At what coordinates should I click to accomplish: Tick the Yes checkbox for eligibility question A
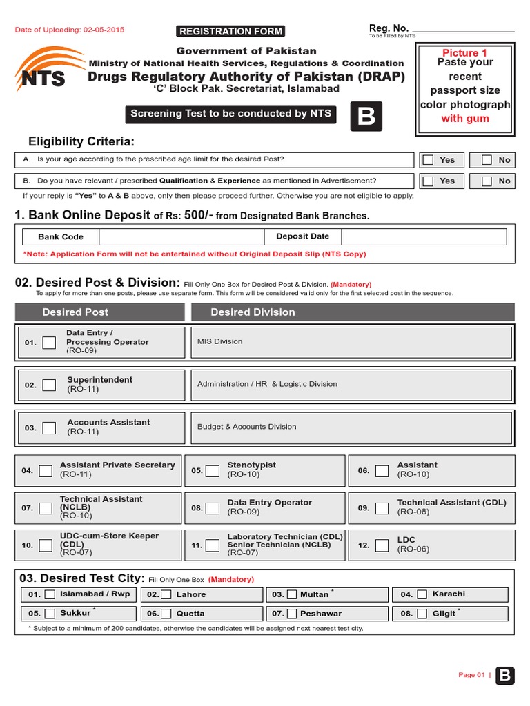tap(429, 160)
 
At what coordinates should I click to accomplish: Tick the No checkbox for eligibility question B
tap(487, 181)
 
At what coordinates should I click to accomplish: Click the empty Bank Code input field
tap(182, 236)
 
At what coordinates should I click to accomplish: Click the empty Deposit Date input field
tap(423, 236)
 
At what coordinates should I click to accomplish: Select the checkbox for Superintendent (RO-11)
tap(49, 385)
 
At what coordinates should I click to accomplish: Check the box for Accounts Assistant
tap(49, 427)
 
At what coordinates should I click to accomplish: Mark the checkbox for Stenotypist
tap(214, 471)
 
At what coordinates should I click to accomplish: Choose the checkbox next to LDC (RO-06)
tap(382, 545)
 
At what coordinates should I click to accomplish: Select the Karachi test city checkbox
tap(421, 594)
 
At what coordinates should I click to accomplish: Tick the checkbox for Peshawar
tap(292, 613)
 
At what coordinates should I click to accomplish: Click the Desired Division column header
tap(253, 312)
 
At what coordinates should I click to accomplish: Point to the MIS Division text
tap(219, 342)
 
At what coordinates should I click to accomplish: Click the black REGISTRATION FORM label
tap(230, 31)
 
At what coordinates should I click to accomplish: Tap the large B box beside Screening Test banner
tap(366, 117)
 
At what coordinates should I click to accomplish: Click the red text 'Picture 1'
tap(464, 53)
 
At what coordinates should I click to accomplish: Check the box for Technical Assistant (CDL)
tap(382, 508)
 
